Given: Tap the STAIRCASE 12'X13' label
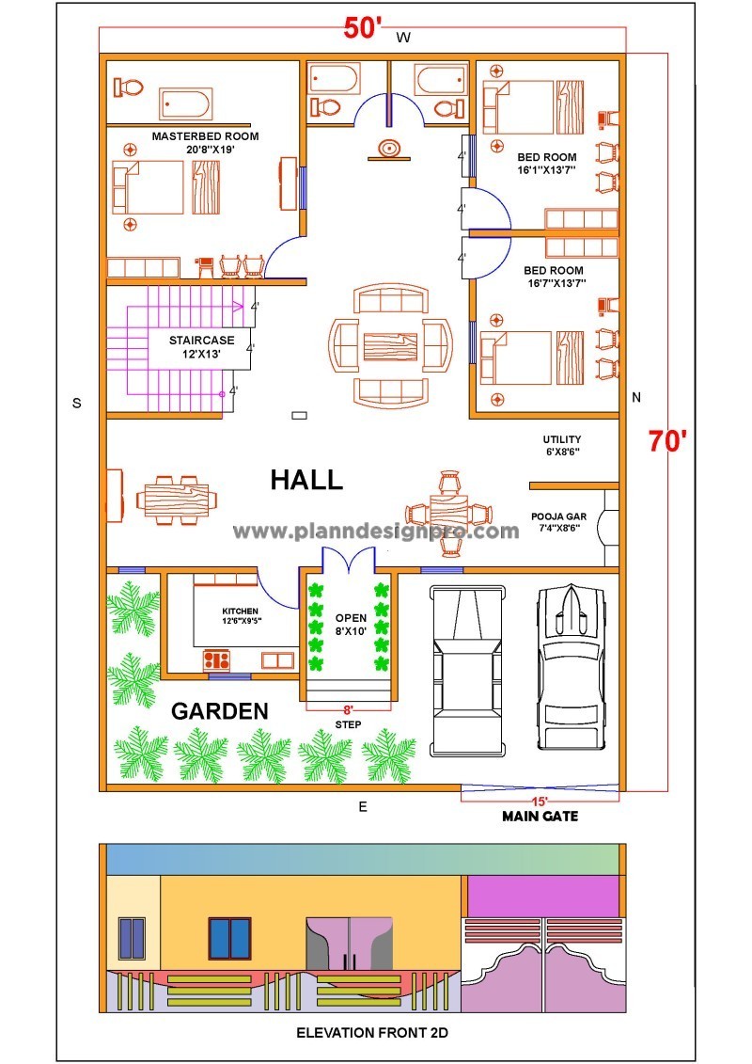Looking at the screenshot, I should (x=196, y=346).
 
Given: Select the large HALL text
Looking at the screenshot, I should (x=306, y=480).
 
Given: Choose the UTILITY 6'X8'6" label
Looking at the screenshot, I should (x=561, y=445).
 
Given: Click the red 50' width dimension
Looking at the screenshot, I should (x=362, y=28).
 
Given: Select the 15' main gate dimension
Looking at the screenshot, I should (x=540, y=801).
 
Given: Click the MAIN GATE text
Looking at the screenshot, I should (x=540, y=817).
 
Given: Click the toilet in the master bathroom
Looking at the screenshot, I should (x=128, y=87).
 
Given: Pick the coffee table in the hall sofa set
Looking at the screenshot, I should (x=390, y=343).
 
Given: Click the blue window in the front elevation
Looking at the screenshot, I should (x=229, y=937).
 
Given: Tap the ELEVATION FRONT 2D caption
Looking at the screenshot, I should (x=372, y=1033).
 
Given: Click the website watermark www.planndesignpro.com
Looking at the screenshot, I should (x=376, y=532).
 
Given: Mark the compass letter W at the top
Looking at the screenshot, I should (x=402, y=38).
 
